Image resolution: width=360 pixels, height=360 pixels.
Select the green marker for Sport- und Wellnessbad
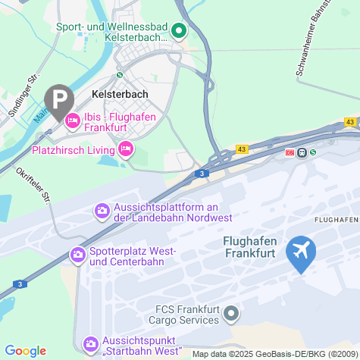(180, 31)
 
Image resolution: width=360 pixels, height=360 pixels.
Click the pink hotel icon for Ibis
(74, 119)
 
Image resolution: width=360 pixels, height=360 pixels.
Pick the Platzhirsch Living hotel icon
(126, 150)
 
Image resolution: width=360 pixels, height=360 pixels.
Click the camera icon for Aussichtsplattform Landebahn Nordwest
(101, 210)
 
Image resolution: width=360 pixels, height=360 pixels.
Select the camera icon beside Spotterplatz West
(77, 255)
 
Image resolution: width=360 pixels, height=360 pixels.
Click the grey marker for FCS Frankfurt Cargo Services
(233, 312)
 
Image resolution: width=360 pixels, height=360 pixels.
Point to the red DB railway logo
(289, 152)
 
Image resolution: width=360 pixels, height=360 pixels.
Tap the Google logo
(25, 350)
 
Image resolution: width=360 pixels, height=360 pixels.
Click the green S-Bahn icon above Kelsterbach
(119, 75)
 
